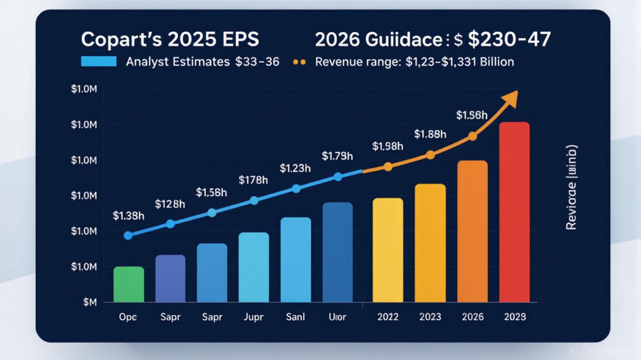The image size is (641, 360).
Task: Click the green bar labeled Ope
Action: pyautogui.click(x=128, y=285)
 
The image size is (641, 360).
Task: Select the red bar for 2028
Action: pyautogui.click(x=514, y=212)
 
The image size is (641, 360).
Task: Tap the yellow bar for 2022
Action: pyautogui.click(x=388, y=250)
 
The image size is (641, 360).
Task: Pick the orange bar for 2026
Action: pyautogui.click(x=472, y=231)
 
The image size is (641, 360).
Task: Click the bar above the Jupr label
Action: pyautogui.click(x=253, y=267)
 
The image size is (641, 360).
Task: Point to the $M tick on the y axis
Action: pyautogui.click(x=89, y=303)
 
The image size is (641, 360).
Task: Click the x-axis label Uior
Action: pyautogui.click(x=337, y=317)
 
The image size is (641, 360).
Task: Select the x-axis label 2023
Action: pyautogui.click(x=430, y=317)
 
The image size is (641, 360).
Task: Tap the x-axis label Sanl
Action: pyautogui.click(x=295, y=317)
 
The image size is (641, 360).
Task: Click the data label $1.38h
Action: pyautogui.click(x=128, y=216)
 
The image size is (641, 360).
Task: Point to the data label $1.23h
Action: pyautogui.click(x=295, y=168)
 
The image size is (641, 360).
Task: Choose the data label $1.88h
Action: pyautogui.click(x=430, y=135)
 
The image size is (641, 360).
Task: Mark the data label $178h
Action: pyautogui.click(x=253, y=180)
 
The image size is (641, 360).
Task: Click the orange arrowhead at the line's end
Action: pyautogui.click(x=511, y=97)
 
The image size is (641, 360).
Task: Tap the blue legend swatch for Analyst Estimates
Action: pyautogui.click(x=98, y=61)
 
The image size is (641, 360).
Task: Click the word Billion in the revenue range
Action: pyautogui.click(x=497, y=62)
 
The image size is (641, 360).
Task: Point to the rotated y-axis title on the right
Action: pyautogui.click(x=571, y=187)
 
